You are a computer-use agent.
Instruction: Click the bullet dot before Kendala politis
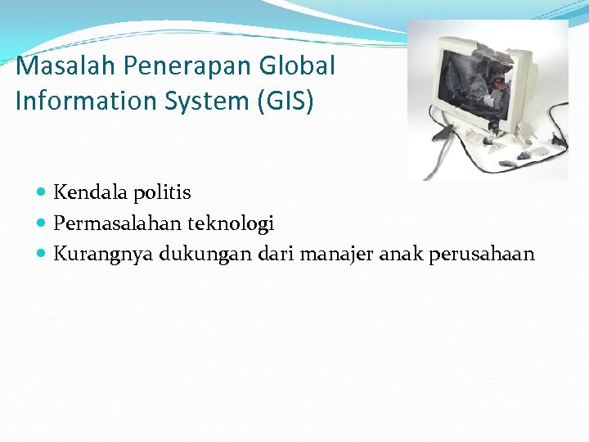[x=42, y=193]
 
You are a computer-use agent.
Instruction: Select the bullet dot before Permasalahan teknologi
[x=42, y=223]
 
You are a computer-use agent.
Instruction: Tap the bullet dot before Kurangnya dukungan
[x=42, y=254]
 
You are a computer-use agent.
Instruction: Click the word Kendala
[x=88, y=192]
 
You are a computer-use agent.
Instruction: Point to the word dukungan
[x=205, y=254]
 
